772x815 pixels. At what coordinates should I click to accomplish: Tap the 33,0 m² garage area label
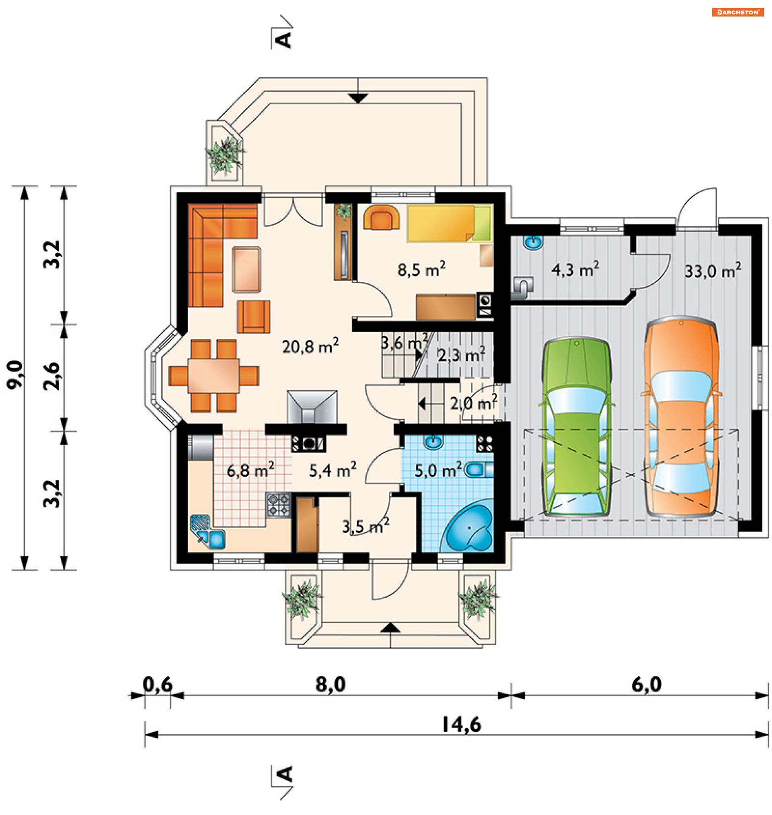[713, 271]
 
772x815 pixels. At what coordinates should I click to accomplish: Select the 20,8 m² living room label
[310, 346]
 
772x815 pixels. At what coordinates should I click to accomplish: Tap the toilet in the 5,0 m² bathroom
[478, 470]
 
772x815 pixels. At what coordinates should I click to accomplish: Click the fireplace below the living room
[312, 407]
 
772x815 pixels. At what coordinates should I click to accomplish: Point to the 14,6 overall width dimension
[461, 724]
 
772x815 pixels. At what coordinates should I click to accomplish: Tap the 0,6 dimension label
[157, 685]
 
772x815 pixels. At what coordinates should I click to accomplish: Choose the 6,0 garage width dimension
[647, 685]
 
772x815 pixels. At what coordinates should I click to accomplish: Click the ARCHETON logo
[738, 12]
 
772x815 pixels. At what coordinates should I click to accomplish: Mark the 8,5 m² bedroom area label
[421, 270]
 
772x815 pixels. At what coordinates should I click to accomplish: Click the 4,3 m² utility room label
[575, 270]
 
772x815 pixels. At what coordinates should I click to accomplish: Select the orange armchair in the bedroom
[382, 217]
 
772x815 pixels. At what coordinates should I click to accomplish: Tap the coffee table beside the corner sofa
[246, 270]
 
